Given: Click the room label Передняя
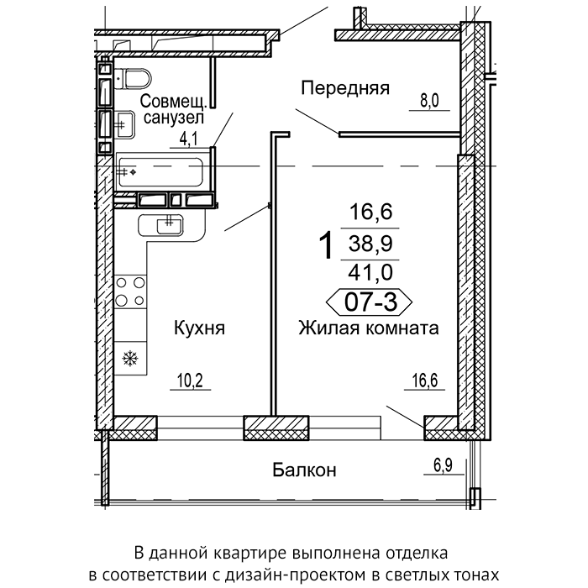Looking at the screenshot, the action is (345, 89).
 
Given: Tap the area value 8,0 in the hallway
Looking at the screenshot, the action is (429, 101).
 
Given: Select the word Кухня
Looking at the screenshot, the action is (200, 328).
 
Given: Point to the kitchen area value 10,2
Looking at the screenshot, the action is (191, 381).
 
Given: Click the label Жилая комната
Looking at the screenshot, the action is (369, 328).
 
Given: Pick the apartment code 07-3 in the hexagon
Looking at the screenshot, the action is (370, 302).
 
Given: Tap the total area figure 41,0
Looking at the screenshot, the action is (370, 272).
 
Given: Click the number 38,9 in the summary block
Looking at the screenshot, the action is (370, 244).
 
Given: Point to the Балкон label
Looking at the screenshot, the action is (304, 470).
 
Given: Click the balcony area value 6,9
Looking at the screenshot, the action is (444, 465).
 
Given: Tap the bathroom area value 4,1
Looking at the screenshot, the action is (189, 139).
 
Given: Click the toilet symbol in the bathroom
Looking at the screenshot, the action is (133, 79).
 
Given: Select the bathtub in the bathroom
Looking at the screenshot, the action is (160, 172).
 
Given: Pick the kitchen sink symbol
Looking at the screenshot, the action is (170, 225).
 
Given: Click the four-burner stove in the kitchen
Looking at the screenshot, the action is (130, 291).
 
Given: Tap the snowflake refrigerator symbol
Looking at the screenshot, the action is (130, 358).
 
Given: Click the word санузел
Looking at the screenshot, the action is (174, 118).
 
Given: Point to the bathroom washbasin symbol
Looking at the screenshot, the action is (125, 124).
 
